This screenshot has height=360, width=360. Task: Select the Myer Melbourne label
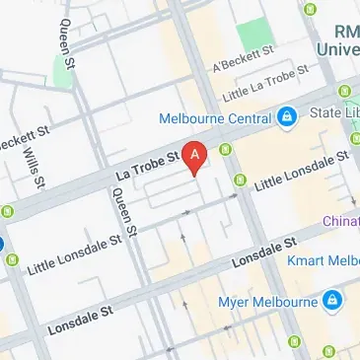pos(264,298)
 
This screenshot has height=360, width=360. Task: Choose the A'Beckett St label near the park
pos(243,62)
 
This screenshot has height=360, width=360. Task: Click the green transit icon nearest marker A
pos(226,150)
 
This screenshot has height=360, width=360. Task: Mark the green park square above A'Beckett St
pos(252,35)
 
